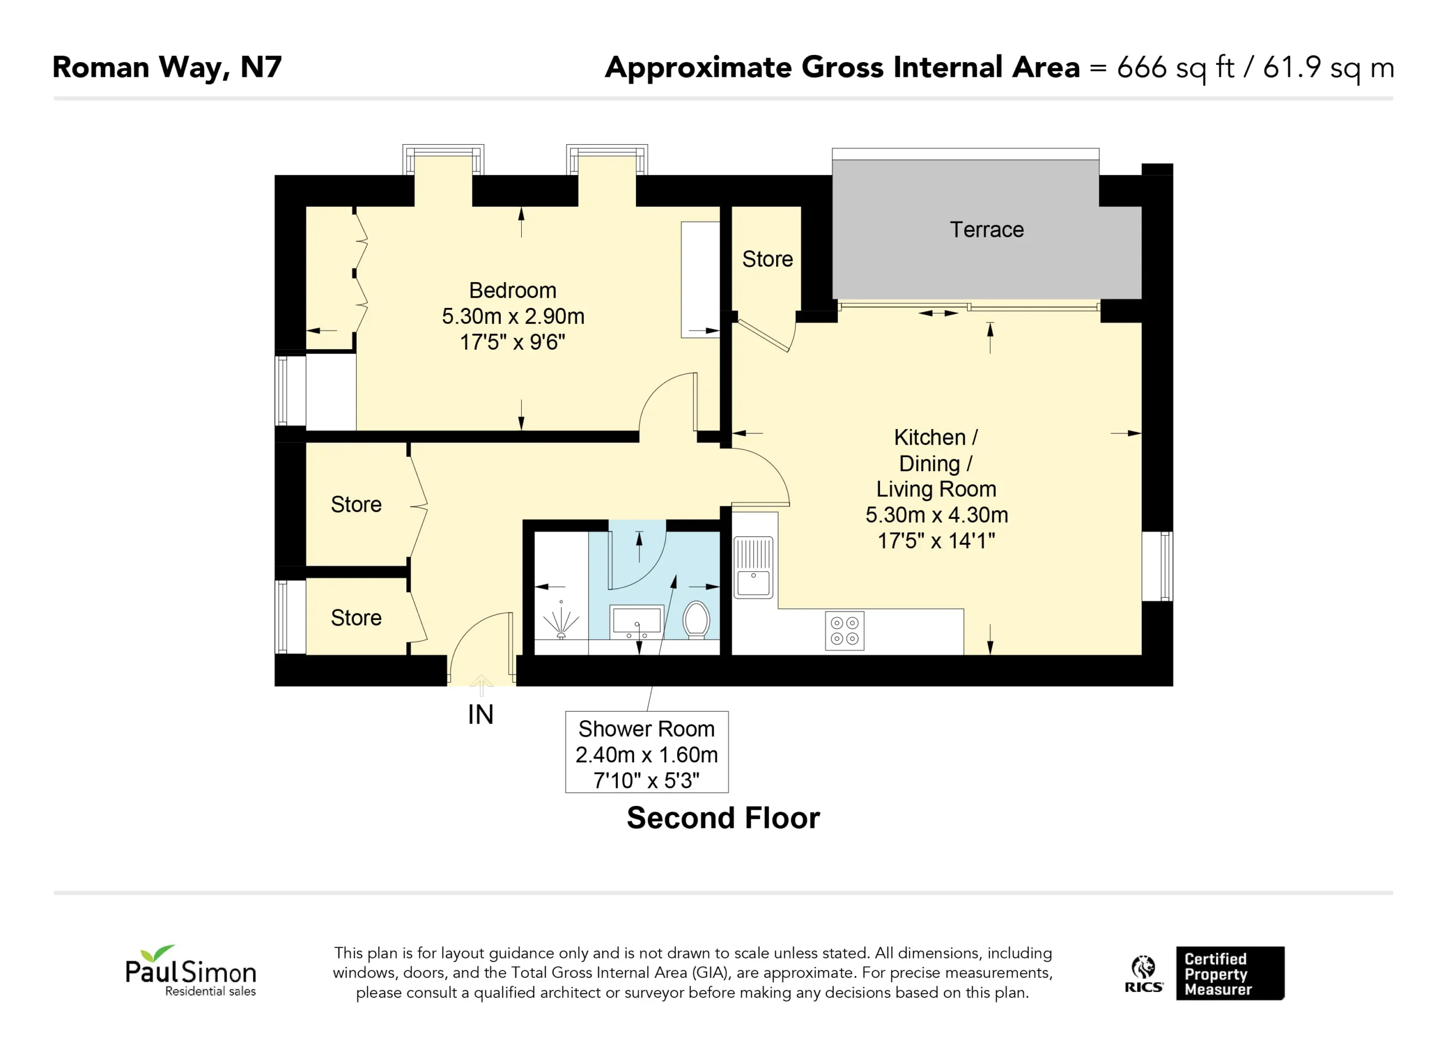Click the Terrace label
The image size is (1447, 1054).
pos(986,229)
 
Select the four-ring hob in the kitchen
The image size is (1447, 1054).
pos(844,630)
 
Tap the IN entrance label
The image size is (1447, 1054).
pos(480,714)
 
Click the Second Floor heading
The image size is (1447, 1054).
pos(723,818)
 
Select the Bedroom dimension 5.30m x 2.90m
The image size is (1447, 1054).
pos(513,316)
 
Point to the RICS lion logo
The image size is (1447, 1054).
pos(1143,973)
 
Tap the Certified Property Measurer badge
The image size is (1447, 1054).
pos(1230,973)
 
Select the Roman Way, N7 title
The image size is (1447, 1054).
pos(167,68)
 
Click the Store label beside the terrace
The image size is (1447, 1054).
pos(767,259)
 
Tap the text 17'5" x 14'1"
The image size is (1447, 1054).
pos(936,541)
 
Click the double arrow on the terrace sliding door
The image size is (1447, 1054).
pos(938,313)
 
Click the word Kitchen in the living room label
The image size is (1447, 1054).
pos(930,437)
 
